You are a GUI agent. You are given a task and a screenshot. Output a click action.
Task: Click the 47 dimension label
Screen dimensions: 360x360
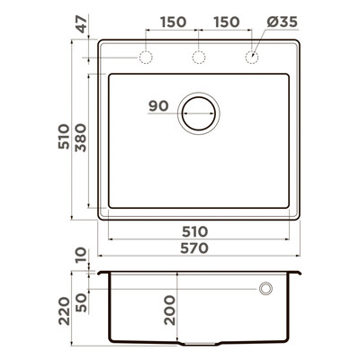coord(81,24)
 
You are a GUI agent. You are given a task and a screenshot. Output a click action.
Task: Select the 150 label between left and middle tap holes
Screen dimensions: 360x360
coord(173,22)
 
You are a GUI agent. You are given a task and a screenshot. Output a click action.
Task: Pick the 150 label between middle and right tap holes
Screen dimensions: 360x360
coord(227,22)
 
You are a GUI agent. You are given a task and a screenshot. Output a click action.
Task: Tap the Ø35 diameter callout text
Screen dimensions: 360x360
coord(282,22)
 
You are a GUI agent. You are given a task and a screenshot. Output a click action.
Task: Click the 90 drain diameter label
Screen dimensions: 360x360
coord(158,106)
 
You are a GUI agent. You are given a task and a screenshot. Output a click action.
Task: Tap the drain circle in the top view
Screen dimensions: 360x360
coord(199,97)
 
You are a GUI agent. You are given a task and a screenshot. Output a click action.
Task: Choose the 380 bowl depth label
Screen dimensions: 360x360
coord(81,138)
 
